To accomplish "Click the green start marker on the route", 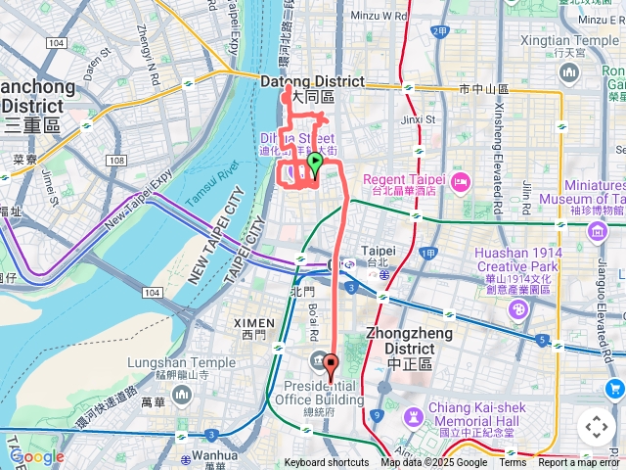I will [x=315, y=163].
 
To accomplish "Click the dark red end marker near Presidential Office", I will [x=330, y=367].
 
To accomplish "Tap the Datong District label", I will [x=313, y=82].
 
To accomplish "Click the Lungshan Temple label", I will [x=181, y=363].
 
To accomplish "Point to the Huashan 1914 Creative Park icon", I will [x=517, y=308].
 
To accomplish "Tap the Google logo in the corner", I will [x=37, y=456].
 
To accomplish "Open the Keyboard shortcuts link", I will [x=327, y=463].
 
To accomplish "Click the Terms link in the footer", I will [x=513, y=463].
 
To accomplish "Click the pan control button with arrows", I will [x=596, y=427].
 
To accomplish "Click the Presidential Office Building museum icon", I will [x=320, y=361].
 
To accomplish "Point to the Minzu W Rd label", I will [x=378, y=17].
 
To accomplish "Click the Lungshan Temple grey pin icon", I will [x=181, y=394].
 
